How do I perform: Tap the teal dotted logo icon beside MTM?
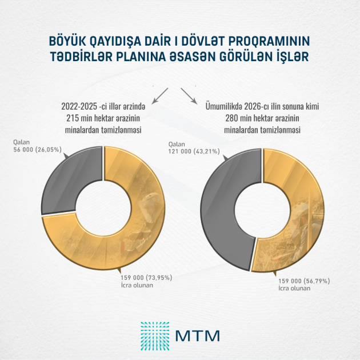point(154,334)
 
